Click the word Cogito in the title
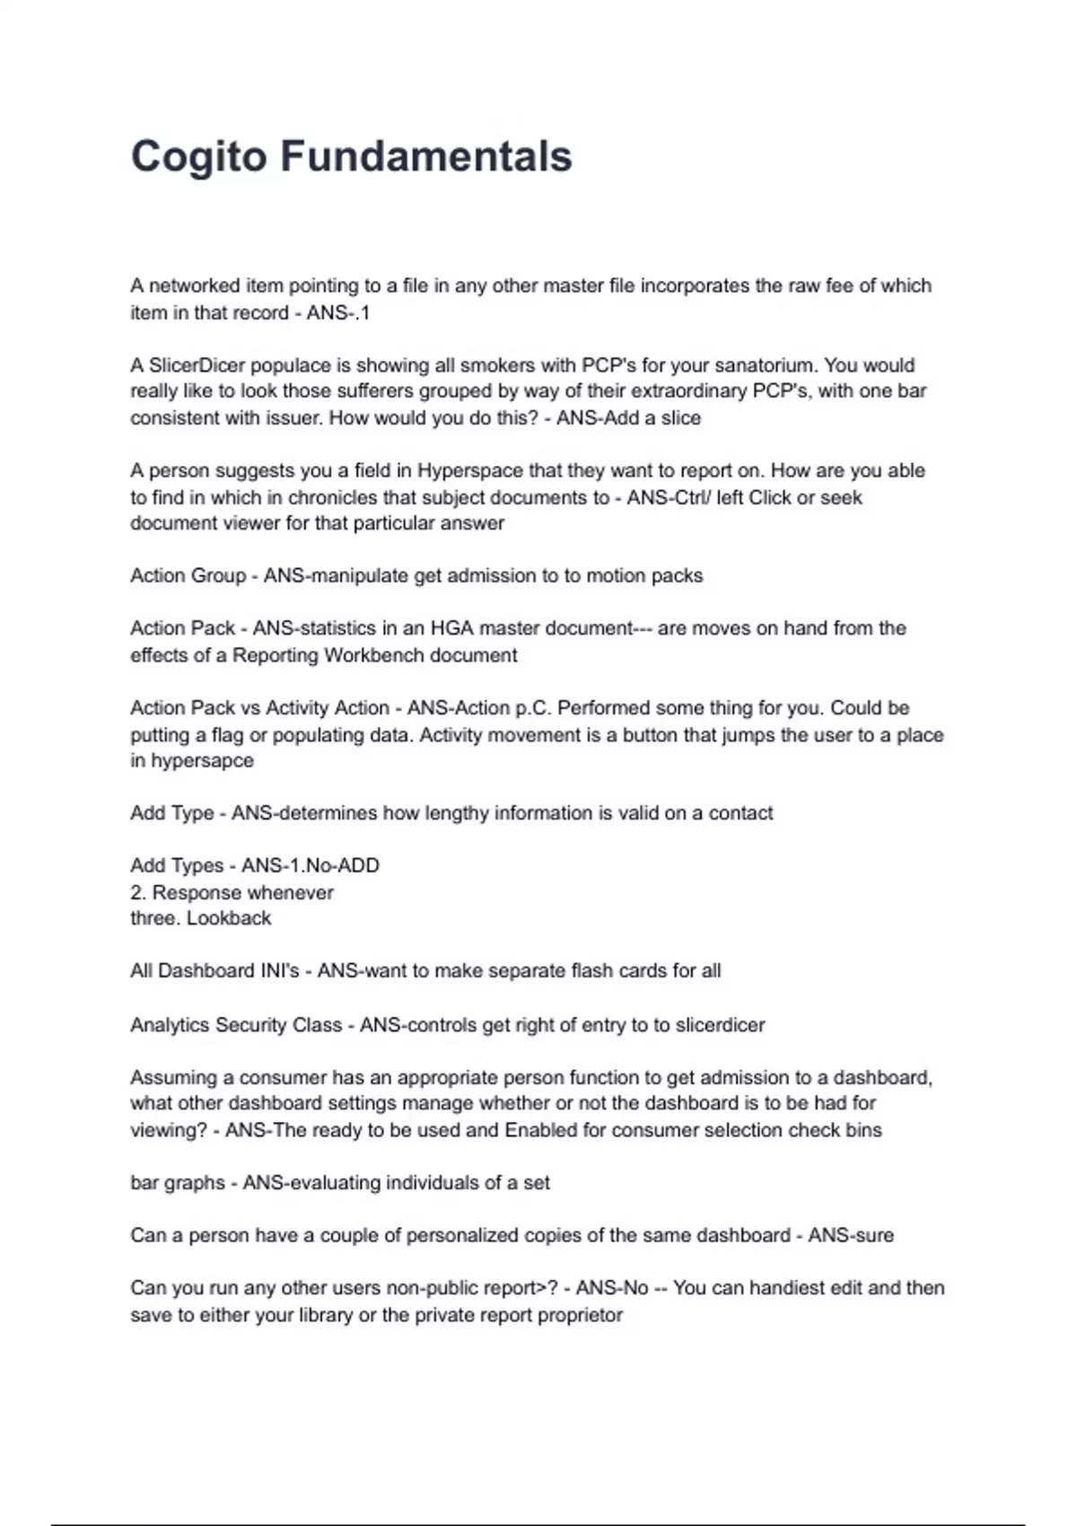pos(199,156)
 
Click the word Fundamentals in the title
pos(426,156)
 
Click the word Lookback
pos(229,918)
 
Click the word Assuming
pos(172,1077)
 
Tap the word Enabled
pos(541,1130)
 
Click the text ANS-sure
pos(851,1235)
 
